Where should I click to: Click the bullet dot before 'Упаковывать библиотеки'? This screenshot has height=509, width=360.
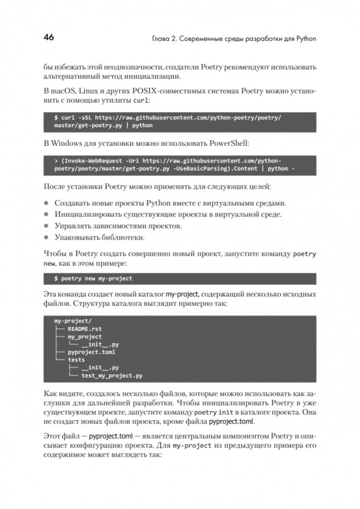point(46,237)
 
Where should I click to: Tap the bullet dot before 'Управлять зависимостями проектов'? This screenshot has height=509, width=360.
point(46,226)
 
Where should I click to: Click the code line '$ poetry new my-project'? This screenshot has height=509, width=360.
point(93,279)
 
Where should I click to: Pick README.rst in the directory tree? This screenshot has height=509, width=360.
point(84,329)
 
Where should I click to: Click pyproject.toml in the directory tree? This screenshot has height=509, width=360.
point(92,352)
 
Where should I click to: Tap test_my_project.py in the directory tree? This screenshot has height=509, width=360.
point(112,376)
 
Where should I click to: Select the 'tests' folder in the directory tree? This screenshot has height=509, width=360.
point(76,360)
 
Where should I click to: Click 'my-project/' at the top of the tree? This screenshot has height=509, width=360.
point(73,321)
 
